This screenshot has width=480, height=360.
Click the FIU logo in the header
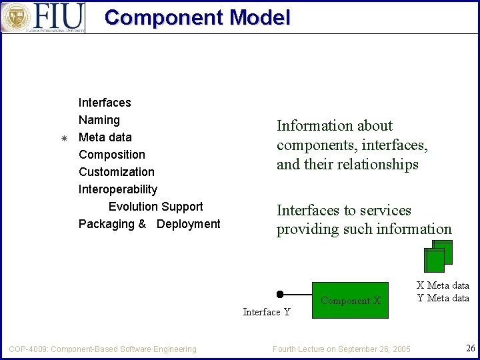click(43, 17)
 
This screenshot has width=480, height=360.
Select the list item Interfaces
click(105, 103)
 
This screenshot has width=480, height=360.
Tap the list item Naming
click(99, 120)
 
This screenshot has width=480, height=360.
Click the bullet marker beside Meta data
click(64, 138)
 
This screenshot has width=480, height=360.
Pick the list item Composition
click(112, 155)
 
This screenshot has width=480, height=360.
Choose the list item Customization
click(117, 172)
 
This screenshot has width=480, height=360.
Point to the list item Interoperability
click(118, 189)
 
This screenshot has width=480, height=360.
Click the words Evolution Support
click(155, 207)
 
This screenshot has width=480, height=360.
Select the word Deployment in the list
click(188, 224)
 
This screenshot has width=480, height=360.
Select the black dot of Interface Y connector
click(280, 294)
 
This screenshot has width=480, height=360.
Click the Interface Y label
click(267, 312)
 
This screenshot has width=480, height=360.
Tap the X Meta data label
click(443, 285)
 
